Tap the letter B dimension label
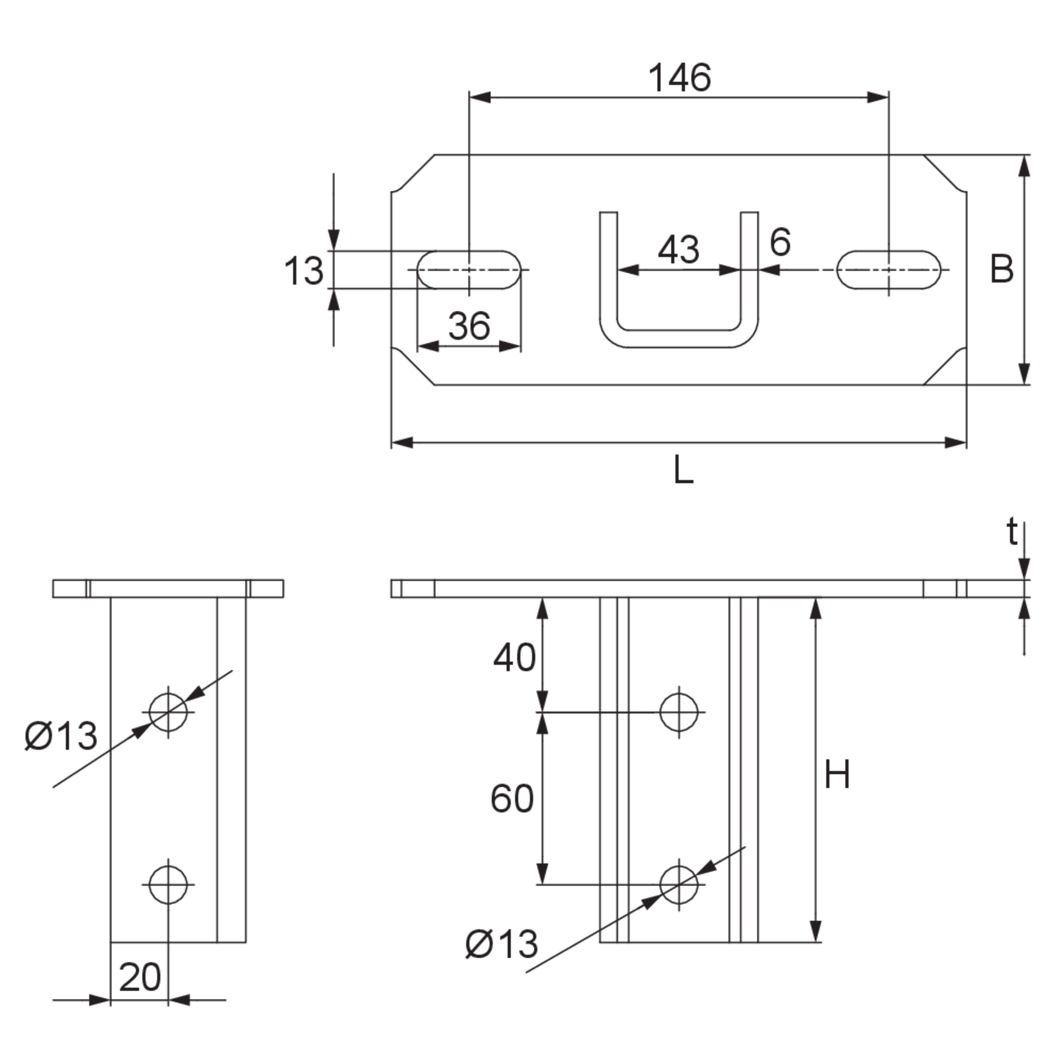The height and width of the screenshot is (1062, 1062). coord(1001,269)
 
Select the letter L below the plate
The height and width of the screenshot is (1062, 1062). coord(683,471)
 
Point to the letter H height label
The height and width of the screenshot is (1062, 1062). coord(837,774)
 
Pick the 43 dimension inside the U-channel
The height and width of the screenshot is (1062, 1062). coord(678,250)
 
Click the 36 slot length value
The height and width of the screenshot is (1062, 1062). coord(469,325)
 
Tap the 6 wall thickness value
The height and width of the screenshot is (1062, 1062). coord(780,242)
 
